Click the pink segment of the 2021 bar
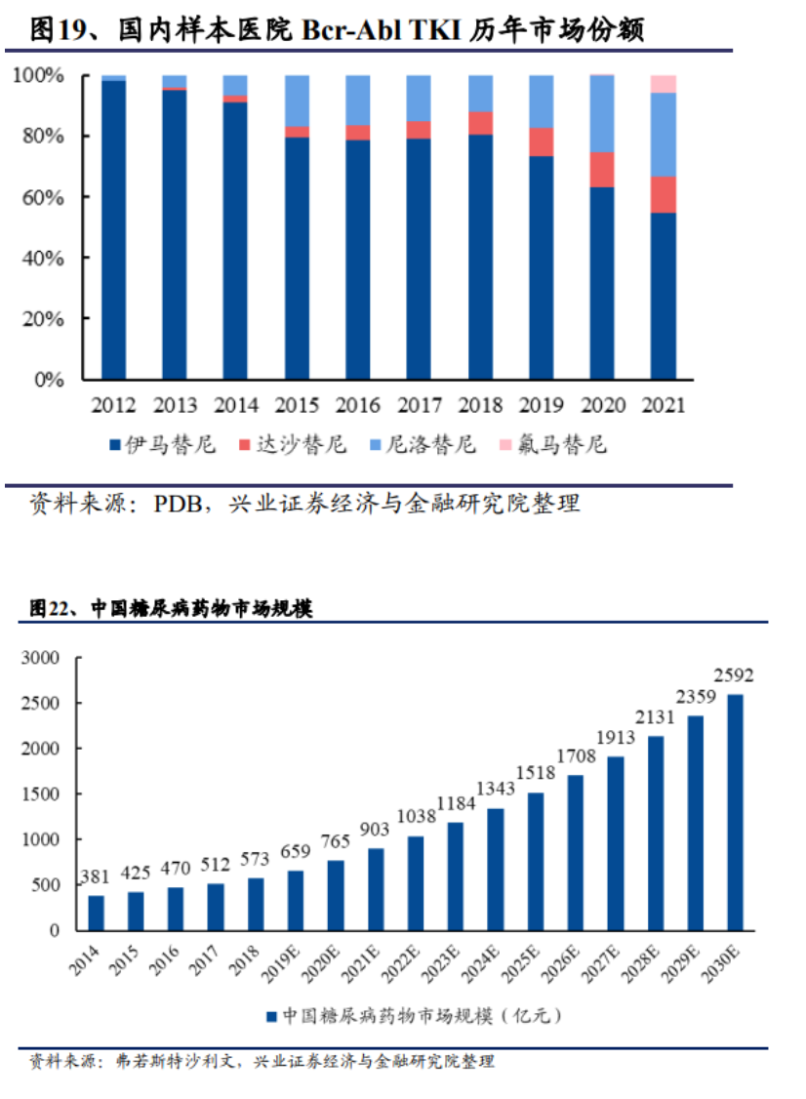coord(664,84)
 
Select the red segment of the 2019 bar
coord(542,142)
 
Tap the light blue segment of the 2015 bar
coord(298,101)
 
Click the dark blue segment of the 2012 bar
coord(114,229)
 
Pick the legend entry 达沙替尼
coord(292,445)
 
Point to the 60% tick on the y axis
coord(44,197)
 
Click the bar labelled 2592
coord(734,812)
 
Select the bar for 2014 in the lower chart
coord(96,913)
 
